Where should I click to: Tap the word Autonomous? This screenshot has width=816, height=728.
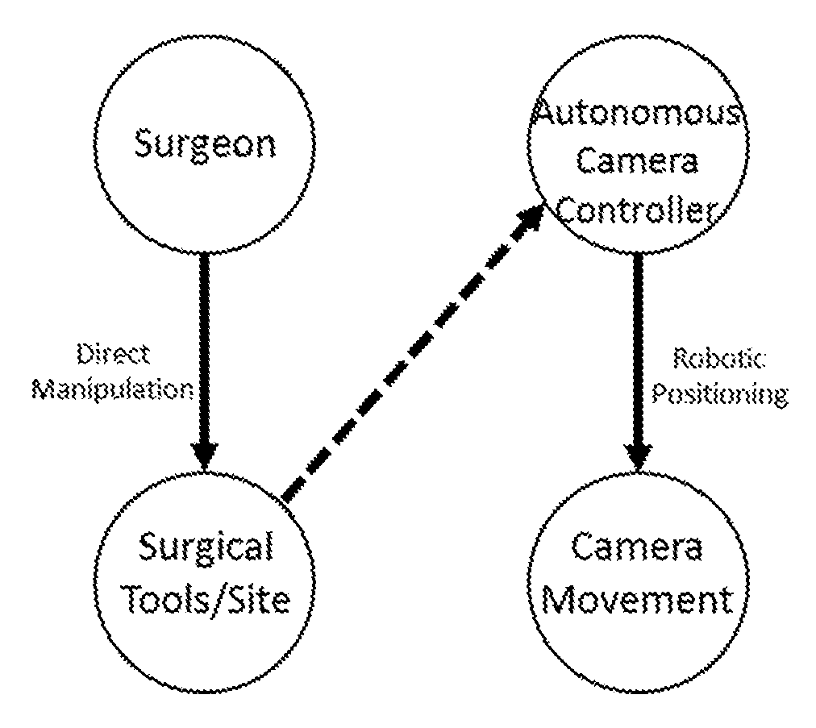point(639,112)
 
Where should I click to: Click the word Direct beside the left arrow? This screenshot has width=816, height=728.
point(114,356)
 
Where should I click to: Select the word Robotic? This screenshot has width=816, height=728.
point(720,360)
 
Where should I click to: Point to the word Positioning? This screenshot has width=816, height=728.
point(720,394)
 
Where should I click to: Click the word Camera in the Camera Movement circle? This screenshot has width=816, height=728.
point(637,548)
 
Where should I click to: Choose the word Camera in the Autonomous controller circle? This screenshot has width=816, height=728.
point(637,160)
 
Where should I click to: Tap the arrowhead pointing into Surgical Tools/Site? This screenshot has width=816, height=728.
point(205,456)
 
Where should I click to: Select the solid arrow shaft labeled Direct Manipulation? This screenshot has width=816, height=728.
point(205,347)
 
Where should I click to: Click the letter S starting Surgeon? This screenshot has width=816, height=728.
point(144,144)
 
